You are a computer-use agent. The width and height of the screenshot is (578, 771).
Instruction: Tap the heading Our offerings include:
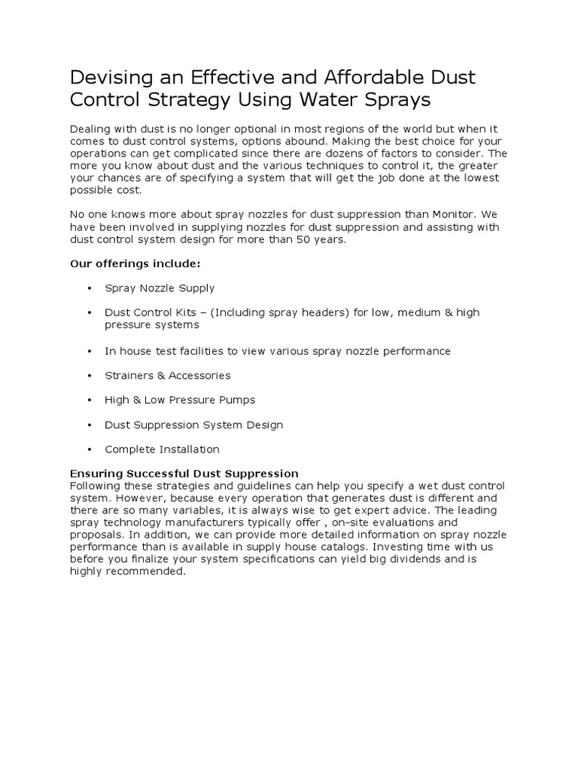[135, 264]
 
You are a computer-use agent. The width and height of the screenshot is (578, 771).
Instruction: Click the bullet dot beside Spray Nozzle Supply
[89, 288]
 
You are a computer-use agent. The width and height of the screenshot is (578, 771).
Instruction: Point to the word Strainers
[131, 376]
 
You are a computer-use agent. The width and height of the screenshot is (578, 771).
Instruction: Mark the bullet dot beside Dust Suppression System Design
[89, 425]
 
